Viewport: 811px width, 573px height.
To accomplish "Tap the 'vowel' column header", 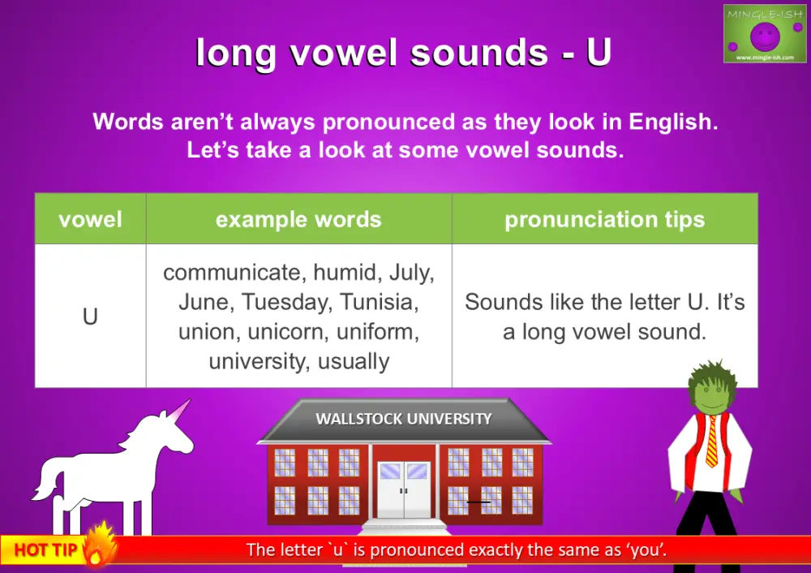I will (x=90, y=219).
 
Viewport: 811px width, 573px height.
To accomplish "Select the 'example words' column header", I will (x=298, y=219).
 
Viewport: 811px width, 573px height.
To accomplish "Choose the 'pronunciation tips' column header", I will (x=604, y=219).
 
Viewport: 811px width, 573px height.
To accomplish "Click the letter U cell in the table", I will (x=90, y=316).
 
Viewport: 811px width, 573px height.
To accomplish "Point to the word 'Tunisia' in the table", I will (x=380, y=303).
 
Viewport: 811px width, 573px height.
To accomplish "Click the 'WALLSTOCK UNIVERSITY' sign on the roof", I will (x=403, y=420).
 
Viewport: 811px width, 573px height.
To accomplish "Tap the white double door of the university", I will (x=404, y=488).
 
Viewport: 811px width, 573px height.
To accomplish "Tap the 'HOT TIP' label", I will (x=45, y=550).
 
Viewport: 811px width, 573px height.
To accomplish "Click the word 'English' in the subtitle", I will (x=669, y=123).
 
